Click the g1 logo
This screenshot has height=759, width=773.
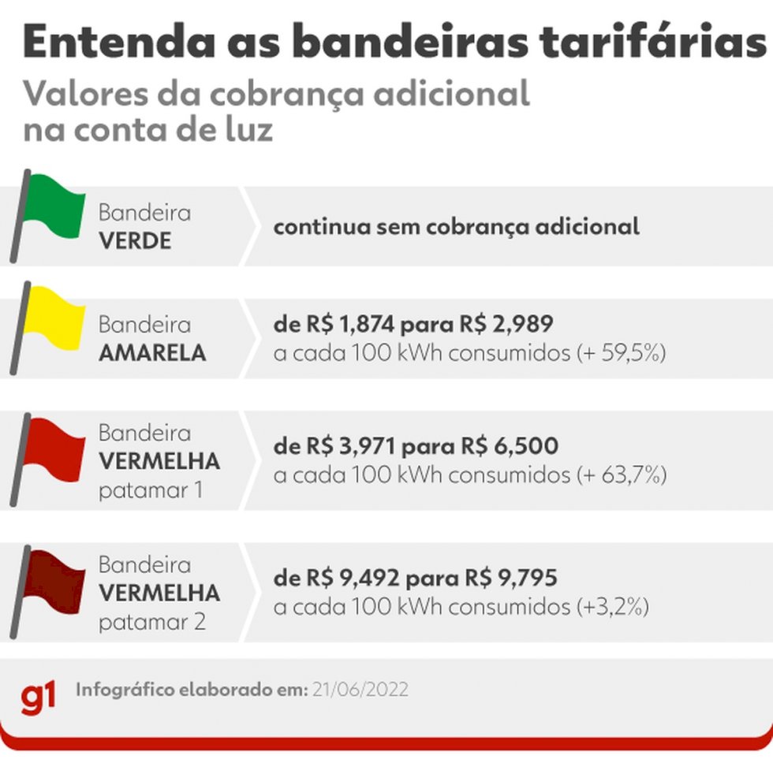pos(39,695)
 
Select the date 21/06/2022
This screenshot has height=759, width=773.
pos(361,689)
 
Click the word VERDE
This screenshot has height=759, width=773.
pos(135,240)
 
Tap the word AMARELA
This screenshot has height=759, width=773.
pos(152,353)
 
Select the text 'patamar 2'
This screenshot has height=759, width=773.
pos(151,621)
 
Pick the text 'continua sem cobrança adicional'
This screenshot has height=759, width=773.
pos(456,227)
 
